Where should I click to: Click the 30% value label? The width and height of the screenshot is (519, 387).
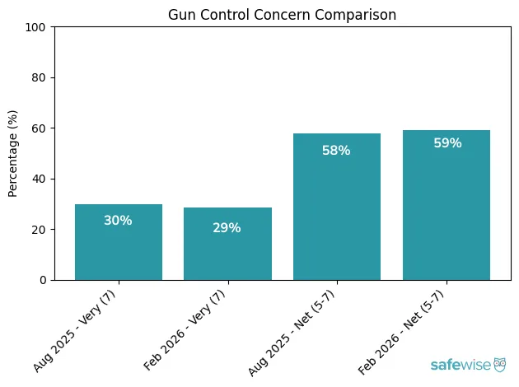pos(119,221)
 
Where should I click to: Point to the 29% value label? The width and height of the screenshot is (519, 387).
pos(227,228)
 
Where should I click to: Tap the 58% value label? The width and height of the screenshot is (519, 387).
pos(337,151)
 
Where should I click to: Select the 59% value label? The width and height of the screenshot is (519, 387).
pos(447,143)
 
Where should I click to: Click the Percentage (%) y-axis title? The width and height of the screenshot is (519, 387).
pos(13,154)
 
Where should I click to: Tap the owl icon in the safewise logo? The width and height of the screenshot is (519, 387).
pos(499,364)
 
